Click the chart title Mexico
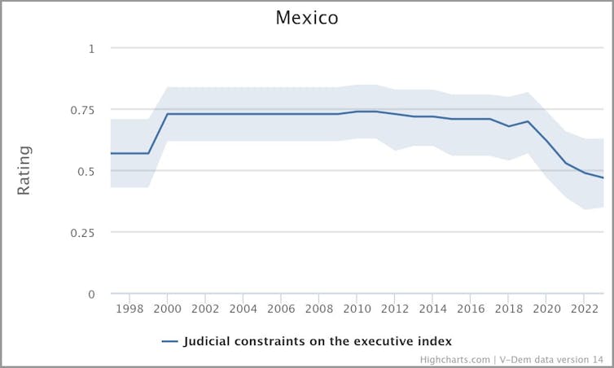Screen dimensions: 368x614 pyautogui.click(x=306, y=17)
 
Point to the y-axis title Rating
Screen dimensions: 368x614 pyautogui.click(x=24, y=170)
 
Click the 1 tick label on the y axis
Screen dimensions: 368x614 pyautogui.click(x=91, y=48)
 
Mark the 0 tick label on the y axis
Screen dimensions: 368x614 pyautogui.click(x=91, y=294)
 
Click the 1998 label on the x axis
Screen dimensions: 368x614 pyautogui.click(x=129, y=310)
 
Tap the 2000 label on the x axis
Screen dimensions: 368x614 pyautogui.click(x=167, y=310)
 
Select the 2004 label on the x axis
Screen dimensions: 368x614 pyautogui.click(x=243, y=310)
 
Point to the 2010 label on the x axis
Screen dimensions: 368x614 pyautogui.click(x=357, y=310)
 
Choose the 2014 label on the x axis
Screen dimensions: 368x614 pyautogui.click(x=432, y=310)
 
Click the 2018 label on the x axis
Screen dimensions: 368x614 pyautogui.click(x=509, y=310)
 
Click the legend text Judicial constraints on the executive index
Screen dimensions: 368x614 pyautogui.click(x=318, y=340)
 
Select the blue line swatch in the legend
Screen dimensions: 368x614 pyautogui.click(x=169, y=341)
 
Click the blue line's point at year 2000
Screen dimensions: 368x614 pyautogui.click(x=167, y=114)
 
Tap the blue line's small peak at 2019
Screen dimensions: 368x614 pyautogui.click(x=528, y=121)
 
